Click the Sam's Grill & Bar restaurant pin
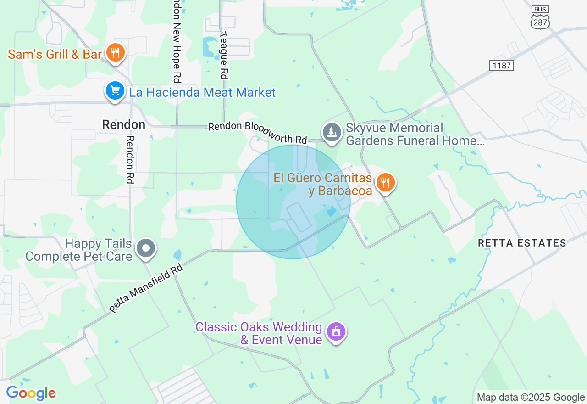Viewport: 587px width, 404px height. pyautogui.click(x=116, y=52)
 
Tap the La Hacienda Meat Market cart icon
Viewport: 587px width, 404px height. pyautogui.click(x=115, y=91)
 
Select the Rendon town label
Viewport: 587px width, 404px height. pyautogui.click(x=123, y=124)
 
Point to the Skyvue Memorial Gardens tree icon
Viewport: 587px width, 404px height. pyautogui.click(x=332, y=132)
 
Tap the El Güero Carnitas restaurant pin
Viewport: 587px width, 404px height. pyautogui.click(x=386, y=183)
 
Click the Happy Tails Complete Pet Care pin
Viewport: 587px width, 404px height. pyautogui.click(x=146, y=248)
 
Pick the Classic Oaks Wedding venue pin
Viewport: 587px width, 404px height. pyautogui.click(x=336, y=331)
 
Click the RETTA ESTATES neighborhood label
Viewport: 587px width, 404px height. pyautogui.click(x=522, y=243)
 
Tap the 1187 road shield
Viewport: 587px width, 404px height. pyautogui.click(x=501, y=66)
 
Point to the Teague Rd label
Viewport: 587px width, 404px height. pyautogui.click(x=223, y=55)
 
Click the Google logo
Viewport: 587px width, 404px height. pyautogui.click(x=31, y=393)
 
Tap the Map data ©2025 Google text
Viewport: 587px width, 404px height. pyautogui.click(x=531, y=398)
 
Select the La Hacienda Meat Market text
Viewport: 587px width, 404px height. pyautogui.click(x=202, y=92)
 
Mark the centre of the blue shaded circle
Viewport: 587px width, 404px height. pyautogui.click(x=293, y=202)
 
